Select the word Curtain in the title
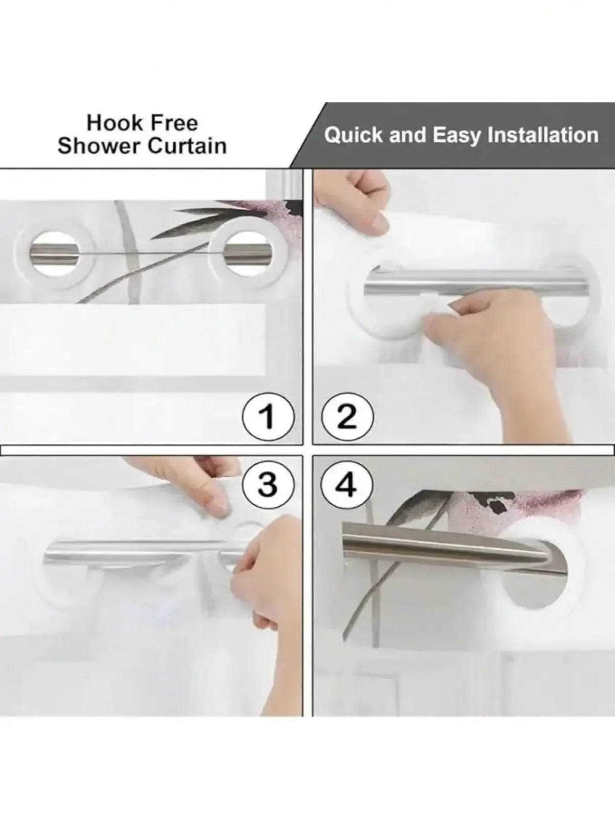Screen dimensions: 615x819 click(188, 146)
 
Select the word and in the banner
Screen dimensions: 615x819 click(408, 135)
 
